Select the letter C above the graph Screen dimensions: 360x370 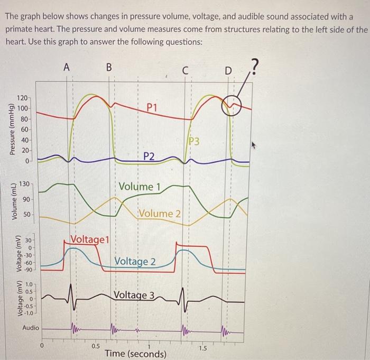[186, 71]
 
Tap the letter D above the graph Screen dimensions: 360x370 [228, 71]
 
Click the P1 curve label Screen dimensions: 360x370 [152, 108]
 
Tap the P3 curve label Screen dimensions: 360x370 [194, 141]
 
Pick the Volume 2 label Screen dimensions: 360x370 [160, 213]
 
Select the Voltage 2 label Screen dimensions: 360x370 [135, 262]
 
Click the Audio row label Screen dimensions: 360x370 [31, 328]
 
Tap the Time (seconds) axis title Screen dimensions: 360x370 [136, 354]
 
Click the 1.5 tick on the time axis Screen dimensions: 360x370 [203, 348]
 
